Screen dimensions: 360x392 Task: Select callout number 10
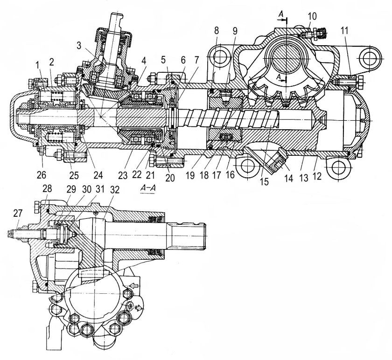(313, 16)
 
